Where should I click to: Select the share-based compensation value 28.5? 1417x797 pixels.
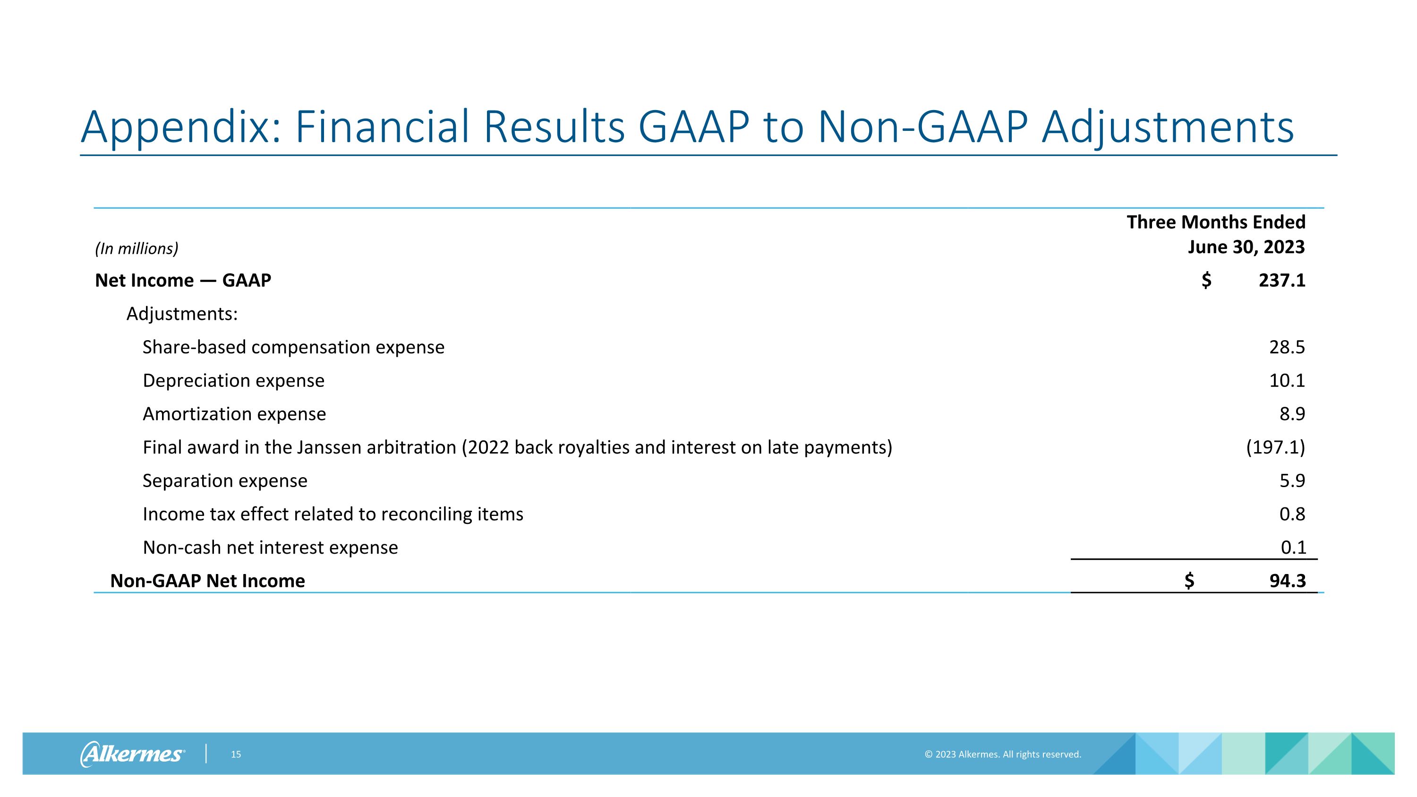pyautogui.click(x=1287, y=347)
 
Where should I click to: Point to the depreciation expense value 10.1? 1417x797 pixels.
pyautogui.click(x=1287, y=381)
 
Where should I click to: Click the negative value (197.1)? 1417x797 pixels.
pyautogui.click(x=1275, y=447)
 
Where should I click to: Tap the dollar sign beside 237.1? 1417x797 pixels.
pyautogui.click(x=1206, y=281)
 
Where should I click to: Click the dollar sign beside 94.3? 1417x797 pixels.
pyautogui.click(x=1189, y=581)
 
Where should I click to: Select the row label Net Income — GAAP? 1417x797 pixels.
pyautogui.click(x=183, y=281)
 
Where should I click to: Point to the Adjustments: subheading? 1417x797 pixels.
pyautogui.click(x=182, y=314)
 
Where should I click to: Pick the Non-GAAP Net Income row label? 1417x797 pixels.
pyautogui.click(x=207, y=581)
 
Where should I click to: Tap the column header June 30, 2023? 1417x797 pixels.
pyautogui.click(x=1246, y=247)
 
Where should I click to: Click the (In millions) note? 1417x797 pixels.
pyautogui.click(x=137, y=249)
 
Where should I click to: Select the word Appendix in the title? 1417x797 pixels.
pyautogui.click(x=180, y=128)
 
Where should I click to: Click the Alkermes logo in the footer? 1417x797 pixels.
pyautogui.click(x=132, y=754)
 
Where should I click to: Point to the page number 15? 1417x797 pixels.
pyautogui.click(x=235, y=754)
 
